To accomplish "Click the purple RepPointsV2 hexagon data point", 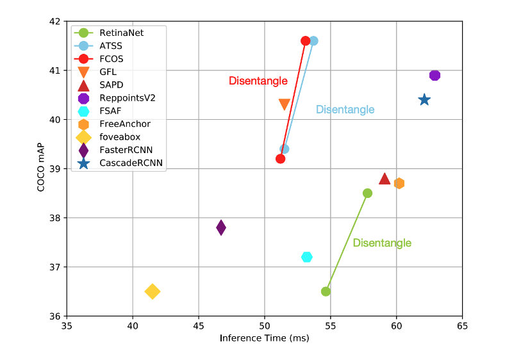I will pyautogui.click(x=435, y=76).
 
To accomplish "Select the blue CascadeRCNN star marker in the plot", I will pyautogui.click(x=424, y=100).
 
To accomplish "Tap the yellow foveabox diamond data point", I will pyautogui.click(x=153, y=291).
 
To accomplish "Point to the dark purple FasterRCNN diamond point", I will pyautogui.click(x=221, y=227).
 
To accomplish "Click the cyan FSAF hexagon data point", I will pyautogui.click(x=307, y=257).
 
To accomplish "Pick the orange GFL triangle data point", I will pyautogui.click(x=285, y=104).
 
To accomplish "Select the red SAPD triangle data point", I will pyautogui.click(x=385, y=179).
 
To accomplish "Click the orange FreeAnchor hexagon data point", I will pyautogui.click(x=399, y=183).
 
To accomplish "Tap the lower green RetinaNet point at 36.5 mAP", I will pyautogui.click(x=326, y=291).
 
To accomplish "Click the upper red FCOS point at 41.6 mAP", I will pyautogui.click(x=306, y=41).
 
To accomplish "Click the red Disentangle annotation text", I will pyautogui.click(x=258, y=81).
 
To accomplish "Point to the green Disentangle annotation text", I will pyautogui.click(x=382, y=243).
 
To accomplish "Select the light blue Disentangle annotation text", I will pyautogui.click(x=345, y=110).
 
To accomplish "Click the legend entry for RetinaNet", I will pyautogui.click(x=121, y=32).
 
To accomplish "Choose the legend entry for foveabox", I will pyautogui.click(x=120, y=136).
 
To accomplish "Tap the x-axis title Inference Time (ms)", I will pyautogui.click(x=264, y=338).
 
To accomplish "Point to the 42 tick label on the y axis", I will pyautogui.click(x=54, y=21).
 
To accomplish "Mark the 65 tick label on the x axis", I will pyautogui.click(x=461, y=325).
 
